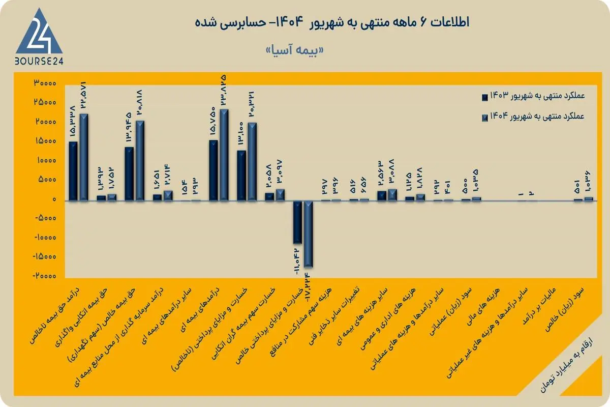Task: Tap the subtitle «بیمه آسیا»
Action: click(x=294, y=51)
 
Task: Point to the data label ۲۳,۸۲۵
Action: click(x=224, y=92)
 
